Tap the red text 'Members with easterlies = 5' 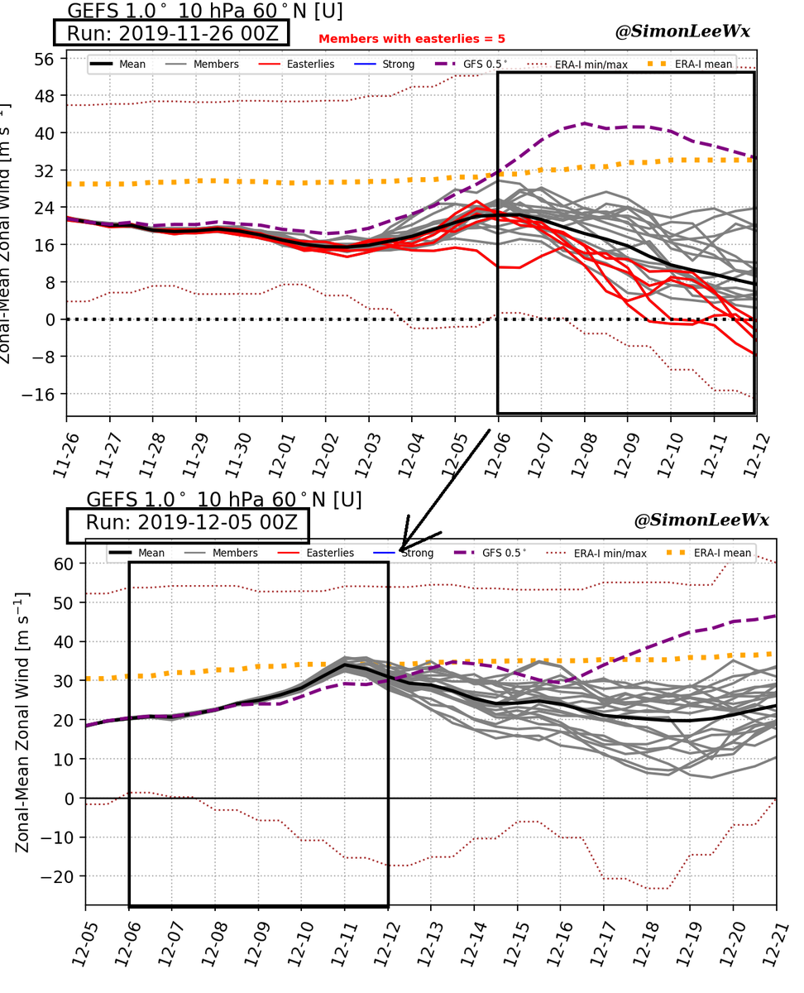411,39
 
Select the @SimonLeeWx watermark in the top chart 682,31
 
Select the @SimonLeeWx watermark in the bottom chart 701,520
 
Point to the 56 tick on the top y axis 44,59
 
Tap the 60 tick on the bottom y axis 64,564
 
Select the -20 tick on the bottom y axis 60,876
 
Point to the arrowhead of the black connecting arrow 404,546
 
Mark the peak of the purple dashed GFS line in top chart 585,123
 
